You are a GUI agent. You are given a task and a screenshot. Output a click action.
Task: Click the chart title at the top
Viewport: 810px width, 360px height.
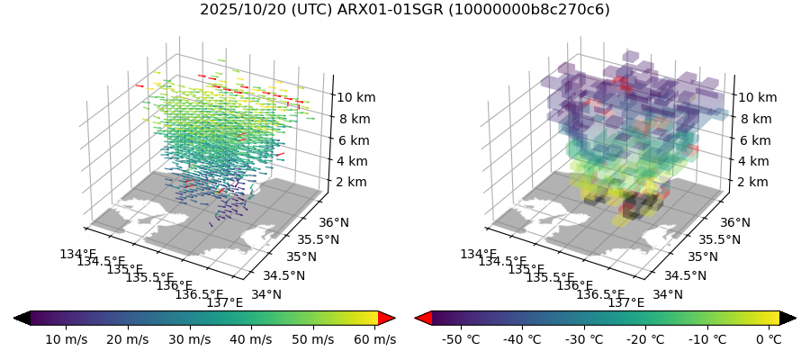click(404, 10)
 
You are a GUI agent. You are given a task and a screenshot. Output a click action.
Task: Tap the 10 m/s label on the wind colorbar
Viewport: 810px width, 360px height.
click(66, 339)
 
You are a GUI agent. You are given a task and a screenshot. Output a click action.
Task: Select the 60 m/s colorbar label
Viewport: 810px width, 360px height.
click(373, 339)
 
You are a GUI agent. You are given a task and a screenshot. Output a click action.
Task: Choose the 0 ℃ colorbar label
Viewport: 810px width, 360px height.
click(769, 339)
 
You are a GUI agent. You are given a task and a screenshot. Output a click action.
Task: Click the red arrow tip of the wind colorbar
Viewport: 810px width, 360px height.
click(387, 318)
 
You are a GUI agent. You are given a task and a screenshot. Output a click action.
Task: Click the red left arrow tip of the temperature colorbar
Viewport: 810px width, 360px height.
click(422, 318)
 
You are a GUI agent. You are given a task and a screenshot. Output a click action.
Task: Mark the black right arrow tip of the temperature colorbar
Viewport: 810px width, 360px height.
click(788, 318)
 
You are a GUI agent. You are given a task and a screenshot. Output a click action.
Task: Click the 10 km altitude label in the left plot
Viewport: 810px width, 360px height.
click(355, 97)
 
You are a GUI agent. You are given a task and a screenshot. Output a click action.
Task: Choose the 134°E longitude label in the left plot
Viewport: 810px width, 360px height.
click(77, 254)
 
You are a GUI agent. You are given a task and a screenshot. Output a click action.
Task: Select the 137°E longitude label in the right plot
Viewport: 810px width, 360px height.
click(626, 302)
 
